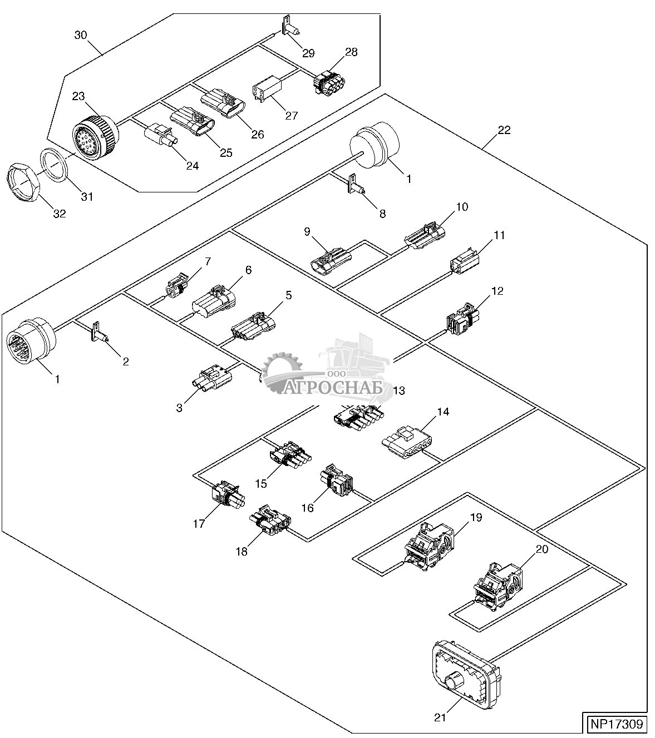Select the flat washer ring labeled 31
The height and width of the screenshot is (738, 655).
[x=53, y=165]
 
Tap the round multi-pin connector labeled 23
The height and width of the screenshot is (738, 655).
[x=96, y=134]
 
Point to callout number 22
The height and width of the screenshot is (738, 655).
[x=504, y=130]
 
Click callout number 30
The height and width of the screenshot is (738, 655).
[x=81, y=35]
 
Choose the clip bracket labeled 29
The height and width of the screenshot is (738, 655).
[x=290, y=27]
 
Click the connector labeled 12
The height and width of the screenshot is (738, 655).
[x=463, y=319]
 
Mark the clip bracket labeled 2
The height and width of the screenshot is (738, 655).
[x=99, y=332]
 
